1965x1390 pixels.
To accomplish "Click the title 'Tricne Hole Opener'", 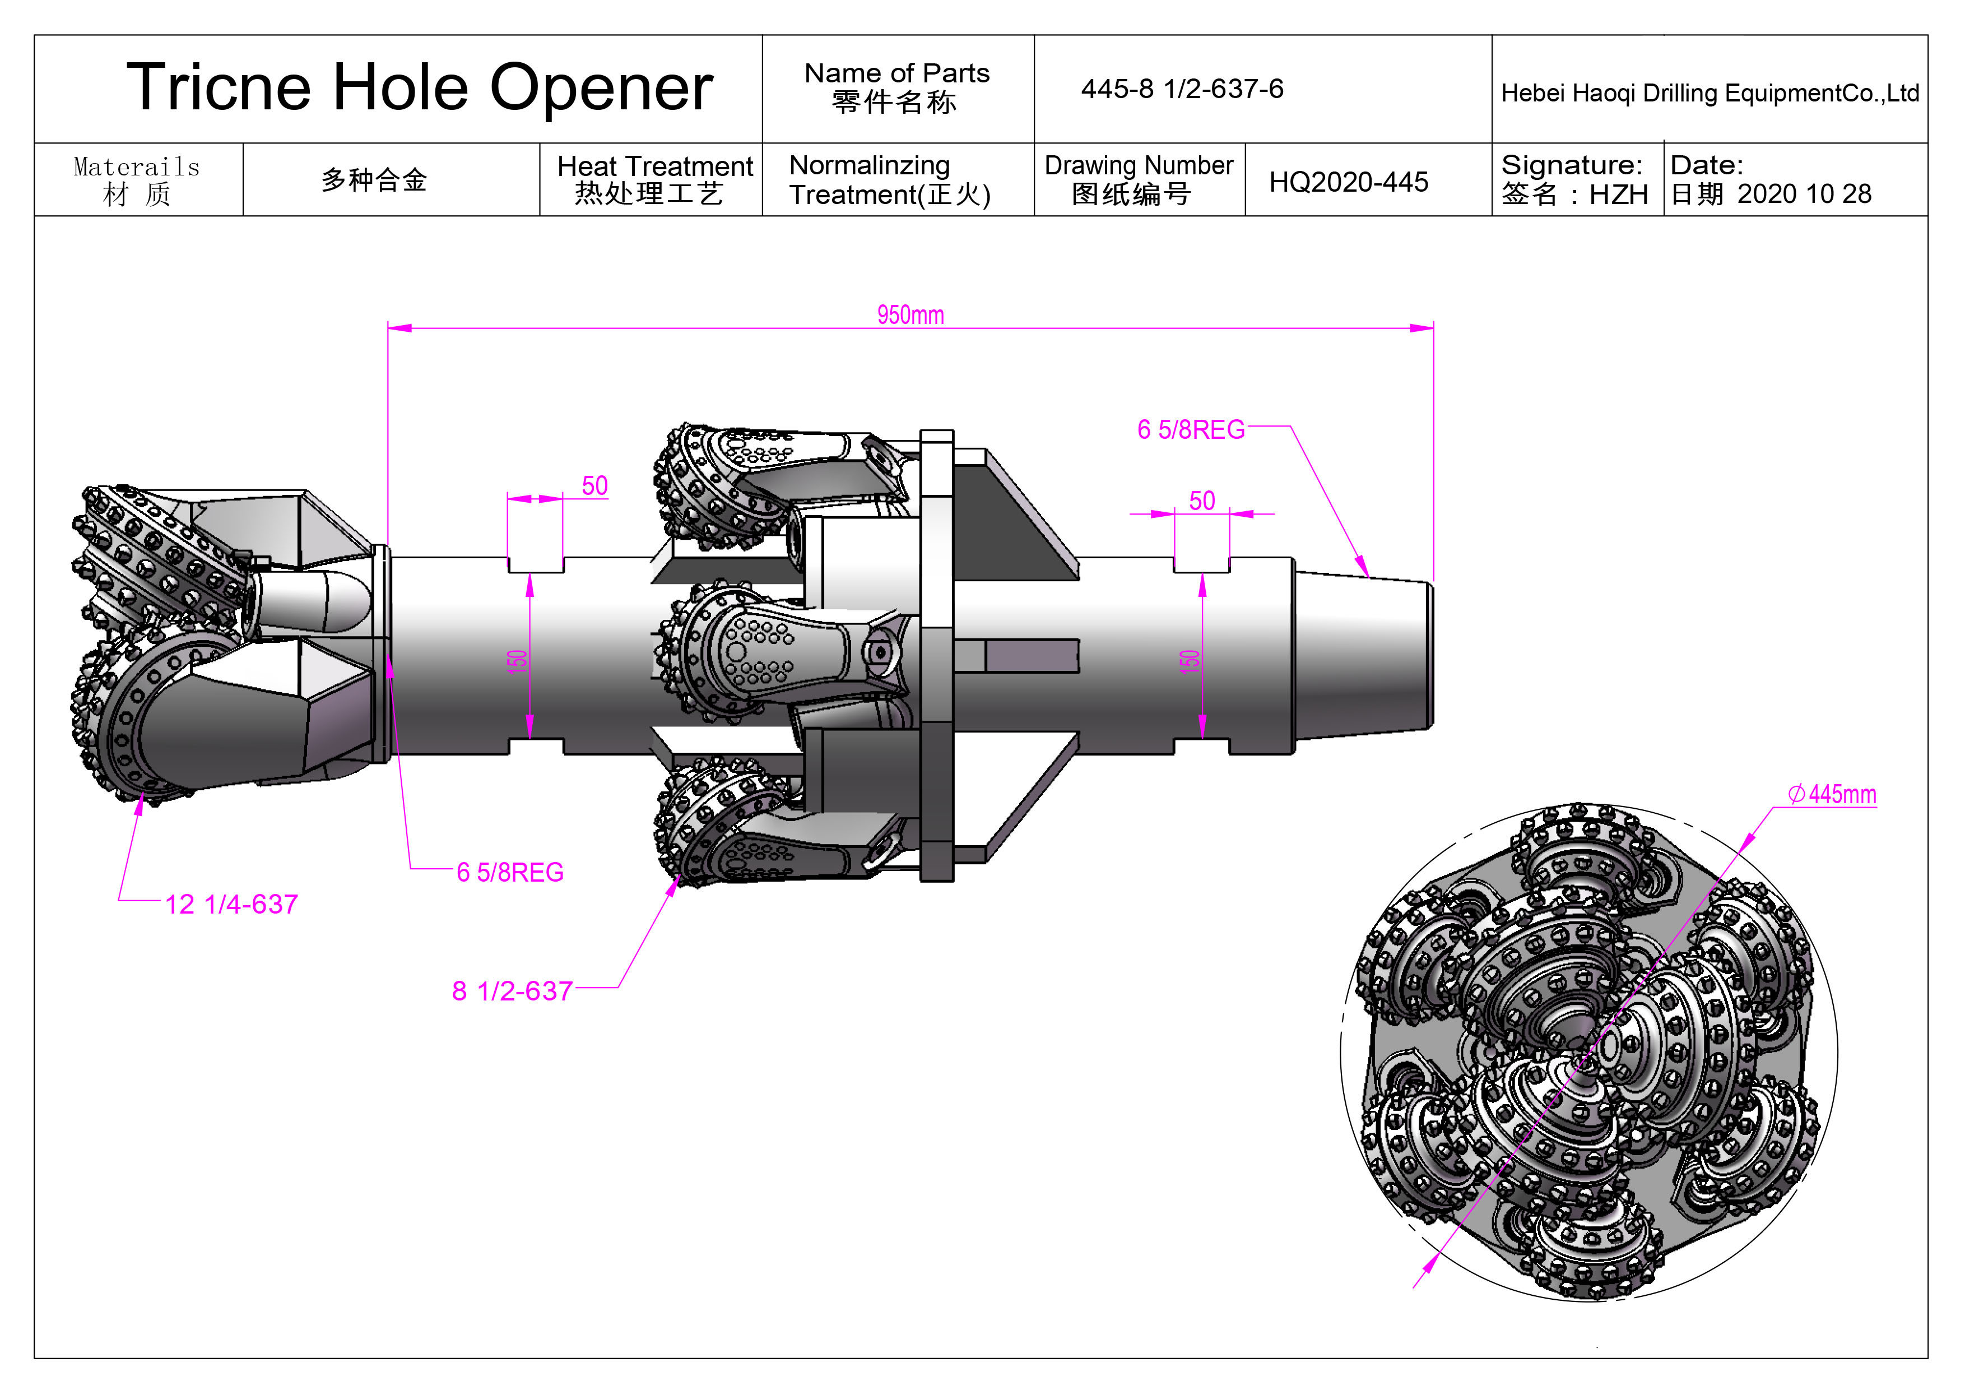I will tap(419, 87).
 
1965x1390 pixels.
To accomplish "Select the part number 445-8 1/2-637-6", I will tap(1181, 89).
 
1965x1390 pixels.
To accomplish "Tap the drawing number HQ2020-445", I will tap(1348, 182).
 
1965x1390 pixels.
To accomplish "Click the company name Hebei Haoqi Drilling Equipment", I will tap(1709, 92).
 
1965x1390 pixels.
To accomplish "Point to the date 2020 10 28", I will tap(1804, 194).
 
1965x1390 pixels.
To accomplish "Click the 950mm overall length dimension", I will tap(910, 315).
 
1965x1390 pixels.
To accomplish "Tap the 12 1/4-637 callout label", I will tap(231, 904).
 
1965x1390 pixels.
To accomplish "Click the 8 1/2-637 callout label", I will tap(512, 990).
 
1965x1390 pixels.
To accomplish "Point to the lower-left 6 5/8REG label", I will tap(510, 872).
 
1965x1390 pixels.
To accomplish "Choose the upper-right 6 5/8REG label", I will tap(1191, 430).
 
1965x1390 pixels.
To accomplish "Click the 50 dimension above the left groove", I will tap(595, 485).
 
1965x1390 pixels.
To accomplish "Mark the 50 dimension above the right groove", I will tap(1202, 501).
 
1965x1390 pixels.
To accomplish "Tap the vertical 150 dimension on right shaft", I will tap(1190, 661).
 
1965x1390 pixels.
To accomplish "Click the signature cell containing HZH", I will tap(1574, 180).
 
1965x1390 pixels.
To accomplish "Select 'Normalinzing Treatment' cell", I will tap(890, 180).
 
